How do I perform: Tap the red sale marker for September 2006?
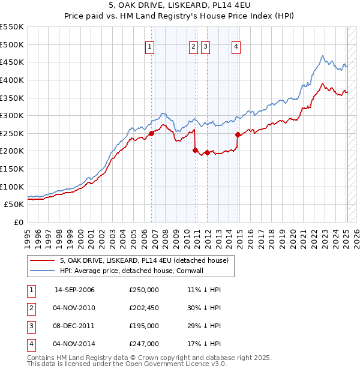point(152,134)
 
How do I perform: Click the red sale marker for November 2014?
point(238,134)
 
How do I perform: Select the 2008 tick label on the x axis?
point(165,236)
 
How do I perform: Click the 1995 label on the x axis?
point(27,236)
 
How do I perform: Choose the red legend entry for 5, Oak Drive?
point(144,260)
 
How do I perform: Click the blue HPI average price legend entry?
point(140,271)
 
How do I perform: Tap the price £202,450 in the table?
point(144,308)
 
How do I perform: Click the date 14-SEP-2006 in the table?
point(74,290)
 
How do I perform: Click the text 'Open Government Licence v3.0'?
point(174,364)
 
